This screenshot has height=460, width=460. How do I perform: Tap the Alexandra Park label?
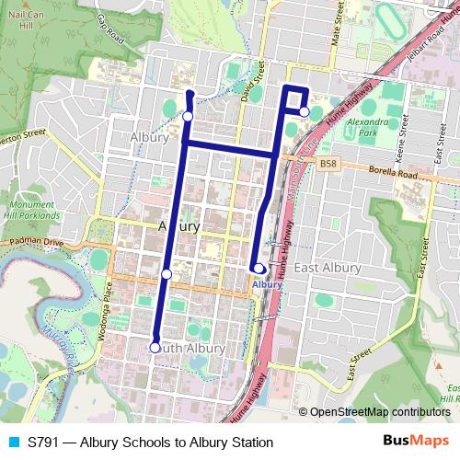pos(369,126)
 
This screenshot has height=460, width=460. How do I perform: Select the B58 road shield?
pos(328,164)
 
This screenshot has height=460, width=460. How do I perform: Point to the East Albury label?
pos(328,267)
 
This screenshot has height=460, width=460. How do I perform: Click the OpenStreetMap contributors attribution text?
pos(380,412)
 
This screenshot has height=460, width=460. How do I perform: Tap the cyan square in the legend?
pos(13,443)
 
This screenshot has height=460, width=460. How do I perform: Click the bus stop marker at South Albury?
pos(155,347)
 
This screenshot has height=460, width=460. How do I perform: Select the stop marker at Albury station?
pos(259,269)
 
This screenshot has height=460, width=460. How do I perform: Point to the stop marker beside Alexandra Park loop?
pos(305,111)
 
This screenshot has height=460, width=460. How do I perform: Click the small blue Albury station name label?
pos(267,285)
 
